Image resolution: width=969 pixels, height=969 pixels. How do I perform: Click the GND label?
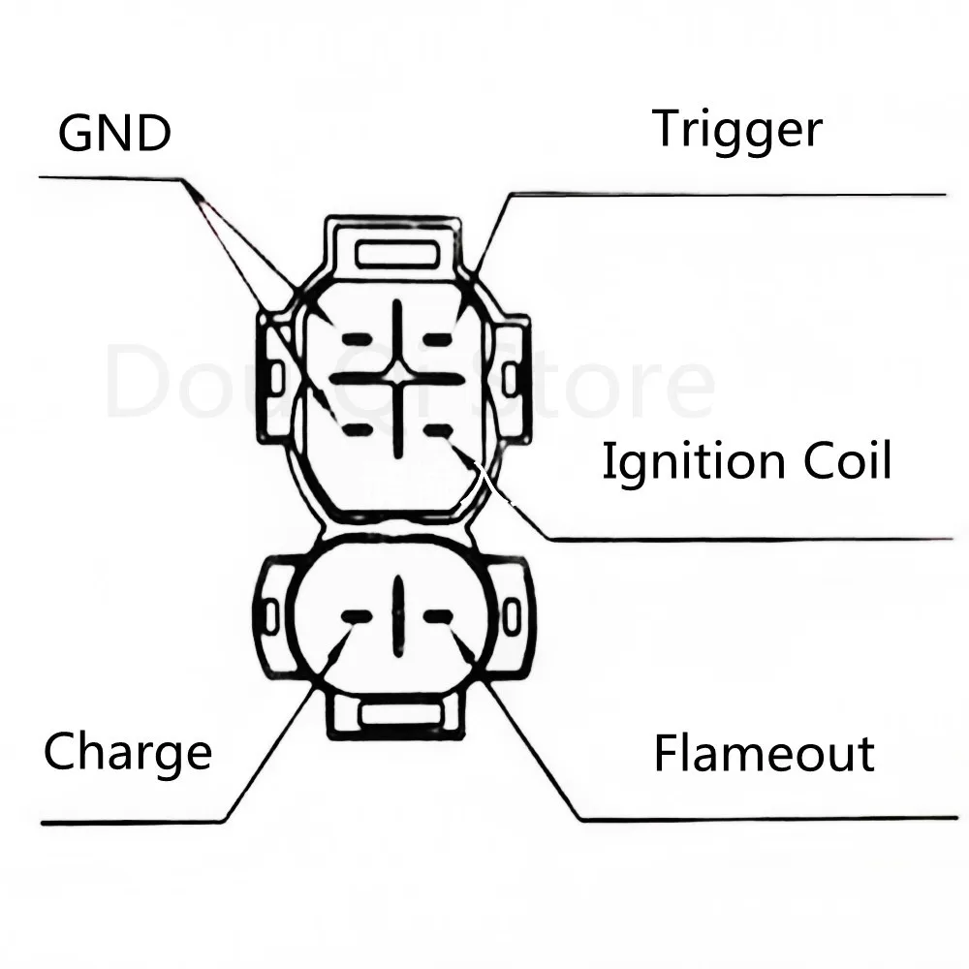click(114, 133)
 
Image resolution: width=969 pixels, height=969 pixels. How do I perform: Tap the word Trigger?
click(736, 129)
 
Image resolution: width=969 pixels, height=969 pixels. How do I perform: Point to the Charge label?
click(127, 752)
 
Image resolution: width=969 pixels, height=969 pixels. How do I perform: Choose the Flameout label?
click(764, 753)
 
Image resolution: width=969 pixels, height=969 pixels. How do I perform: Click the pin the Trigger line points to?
click(438, 338)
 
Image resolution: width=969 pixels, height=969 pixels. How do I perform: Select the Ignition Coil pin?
click(438, 429)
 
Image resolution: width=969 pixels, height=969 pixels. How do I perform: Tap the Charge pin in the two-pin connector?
click(357, 616)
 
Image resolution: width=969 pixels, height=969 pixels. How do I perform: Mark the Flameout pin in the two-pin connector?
click(438, 616)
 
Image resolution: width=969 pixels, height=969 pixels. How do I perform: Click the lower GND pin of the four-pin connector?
click(357, 427)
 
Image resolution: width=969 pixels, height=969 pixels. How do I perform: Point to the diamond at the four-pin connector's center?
click(397, 372)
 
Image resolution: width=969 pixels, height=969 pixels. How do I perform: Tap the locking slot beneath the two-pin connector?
click(397, 715)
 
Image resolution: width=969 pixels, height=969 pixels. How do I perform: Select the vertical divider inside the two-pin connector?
click(397, 614)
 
